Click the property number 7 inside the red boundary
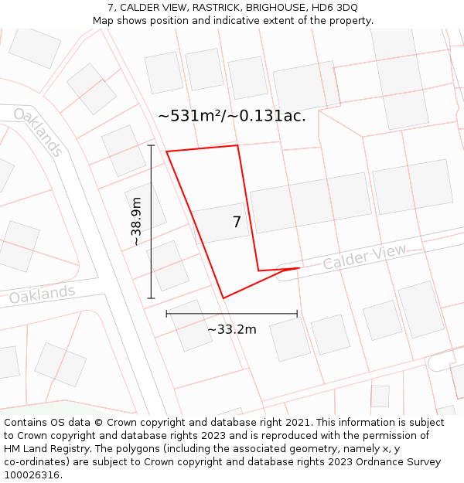[237, 223]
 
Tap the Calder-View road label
[364, 257]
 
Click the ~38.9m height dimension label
[136, 222]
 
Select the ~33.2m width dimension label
[231, 330]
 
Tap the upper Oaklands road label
[38, 132]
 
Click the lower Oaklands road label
[43, 294]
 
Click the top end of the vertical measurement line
[151, 145]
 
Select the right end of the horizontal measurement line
[297, 314]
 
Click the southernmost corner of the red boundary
[223, 298]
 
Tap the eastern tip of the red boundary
[299, 268]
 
